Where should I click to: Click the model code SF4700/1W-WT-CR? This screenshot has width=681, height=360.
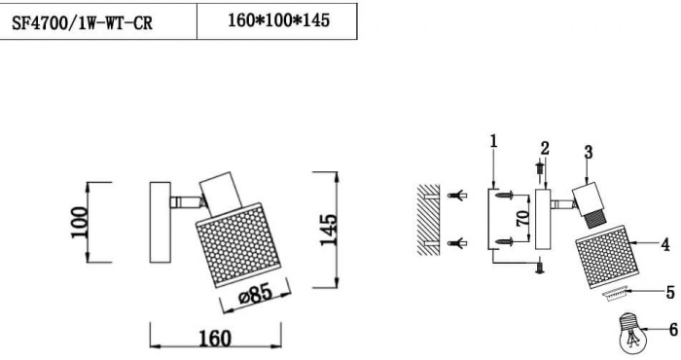point(82,22)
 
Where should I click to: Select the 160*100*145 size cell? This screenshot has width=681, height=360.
point(278,20)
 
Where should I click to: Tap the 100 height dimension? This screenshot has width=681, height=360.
point(80,223)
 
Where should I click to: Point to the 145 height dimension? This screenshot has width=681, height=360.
point(329,230)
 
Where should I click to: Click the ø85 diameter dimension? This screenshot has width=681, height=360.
point(256,295)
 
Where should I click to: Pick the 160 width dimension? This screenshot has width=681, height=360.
point(215,339)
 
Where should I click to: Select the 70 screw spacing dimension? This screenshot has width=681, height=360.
point(523,218)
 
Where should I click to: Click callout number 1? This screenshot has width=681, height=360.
point(493,141)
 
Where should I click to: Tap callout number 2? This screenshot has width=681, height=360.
point(545,148)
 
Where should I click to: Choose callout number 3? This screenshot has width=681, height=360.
point(589,153)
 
